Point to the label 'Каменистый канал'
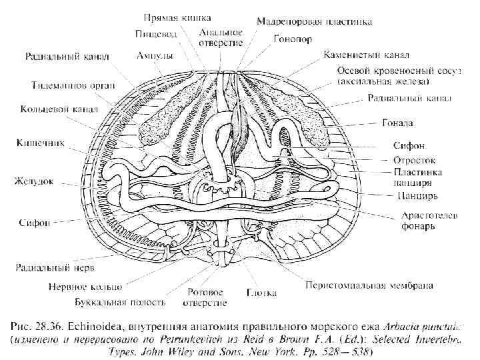click(365, 54)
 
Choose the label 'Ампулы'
click(155, 55)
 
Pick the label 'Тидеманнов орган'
click(74, 85)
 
